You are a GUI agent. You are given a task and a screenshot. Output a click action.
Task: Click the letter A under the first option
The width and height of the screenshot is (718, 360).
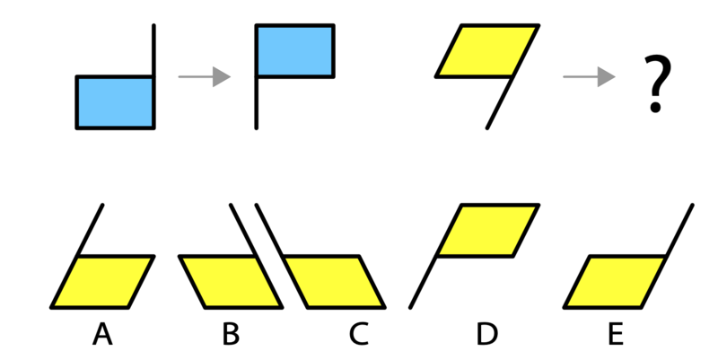pyautogui.click(x=102, y=334)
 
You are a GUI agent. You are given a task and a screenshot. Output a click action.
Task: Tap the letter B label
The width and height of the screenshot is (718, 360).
pyautogui.click(x=231, y=334)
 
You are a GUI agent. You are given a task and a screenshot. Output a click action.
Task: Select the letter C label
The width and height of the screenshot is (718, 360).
pyautogui.click(x=358, y=334)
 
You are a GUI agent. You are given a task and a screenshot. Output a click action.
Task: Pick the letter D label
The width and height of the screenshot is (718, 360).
pyautogui.click(x=486, y=334)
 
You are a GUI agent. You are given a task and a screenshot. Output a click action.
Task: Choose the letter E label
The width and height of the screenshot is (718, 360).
pyautogui.click(x=616, y=334)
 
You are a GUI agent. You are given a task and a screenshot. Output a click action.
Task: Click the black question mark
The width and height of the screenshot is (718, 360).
pyautogui.click(x=657, y=83)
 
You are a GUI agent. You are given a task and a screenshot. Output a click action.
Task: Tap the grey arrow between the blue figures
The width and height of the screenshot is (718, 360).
pyautogui.click(x=205, y=76)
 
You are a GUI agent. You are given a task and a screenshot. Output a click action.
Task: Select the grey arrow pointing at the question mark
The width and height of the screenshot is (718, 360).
pyautogui.click(x=589, y=76)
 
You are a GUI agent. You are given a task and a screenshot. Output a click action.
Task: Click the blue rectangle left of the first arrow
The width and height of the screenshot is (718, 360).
pyautogui.click(x=115, y=102)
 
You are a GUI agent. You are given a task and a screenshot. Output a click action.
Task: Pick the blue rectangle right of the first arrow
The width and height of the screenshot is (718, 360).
pyautogui.click(x=295, y=50)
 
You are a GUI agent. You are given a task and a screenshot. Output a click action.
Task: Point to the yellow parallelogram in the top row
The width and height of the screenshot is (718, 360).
pyautogui.click(x=487, y=50)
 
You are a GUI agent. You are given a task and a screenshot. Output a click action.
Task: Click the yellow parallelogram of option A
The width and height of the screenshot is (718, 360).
pyautogui.click(x=102, y=282)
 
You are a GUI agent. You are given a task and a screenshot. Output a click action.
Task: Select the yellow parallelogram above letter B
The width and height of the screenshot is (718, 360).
pyautogui.click(x=231, y=282)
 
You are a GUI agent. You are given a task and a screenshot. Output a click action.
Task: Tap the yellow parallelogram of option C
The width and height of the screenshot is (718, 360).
pyautogui.click(x=333, y=282)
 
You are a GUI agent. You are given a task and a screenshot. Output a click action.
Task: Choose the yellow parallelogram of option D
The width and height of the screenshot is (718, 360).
pyautogui.click(x=487, y=231)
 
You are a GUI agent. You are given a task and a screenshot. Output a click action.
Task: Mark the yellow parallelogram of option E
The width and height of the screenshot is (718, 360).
pyautogui.click(x=616, y=282)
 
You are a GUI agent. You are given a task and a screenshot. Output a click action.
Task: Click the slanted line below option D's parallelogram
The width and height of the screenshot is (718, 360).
pyautogui.click(x=423, y=282)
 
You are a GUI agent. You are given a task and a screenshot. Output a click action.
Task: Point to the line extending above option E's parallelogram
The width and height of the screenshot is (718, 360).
pyautogui.click(x=679, y=231)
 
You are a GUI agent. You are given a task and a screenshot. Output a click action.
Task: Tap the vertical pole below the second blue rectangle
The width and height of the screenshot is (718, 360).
pyautogui.click(x=257, y=102)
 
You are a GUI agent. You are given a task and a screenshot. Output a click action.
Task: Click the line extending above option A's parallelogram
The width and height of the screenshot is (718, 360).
pyautogui.click(x=90, y=231)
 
